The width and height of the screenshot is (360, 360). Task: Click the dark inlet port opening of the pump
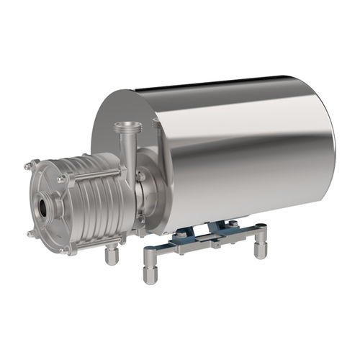click(46, 207)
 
